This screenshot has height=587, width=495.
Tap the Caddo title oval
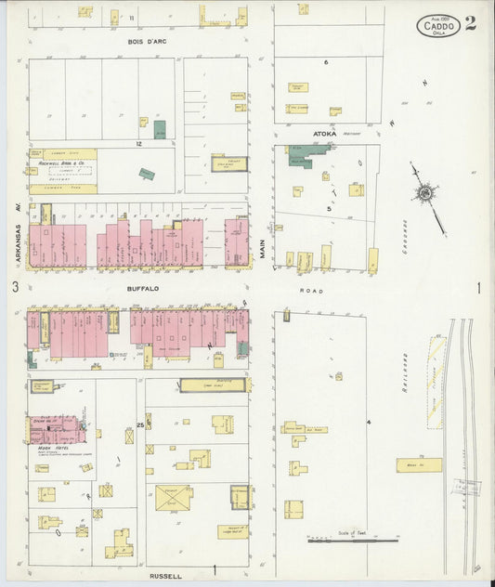438,26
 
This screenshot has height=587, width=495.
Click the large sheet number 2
471,24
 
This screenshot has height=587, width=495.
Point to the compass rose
424,192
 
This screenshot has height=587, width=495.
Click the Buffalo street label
144,289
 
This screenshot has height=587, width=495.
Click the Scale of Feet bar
353,539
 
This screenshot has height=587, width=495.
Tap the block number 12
137,144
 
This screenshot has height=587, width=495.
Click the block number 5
329,209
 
